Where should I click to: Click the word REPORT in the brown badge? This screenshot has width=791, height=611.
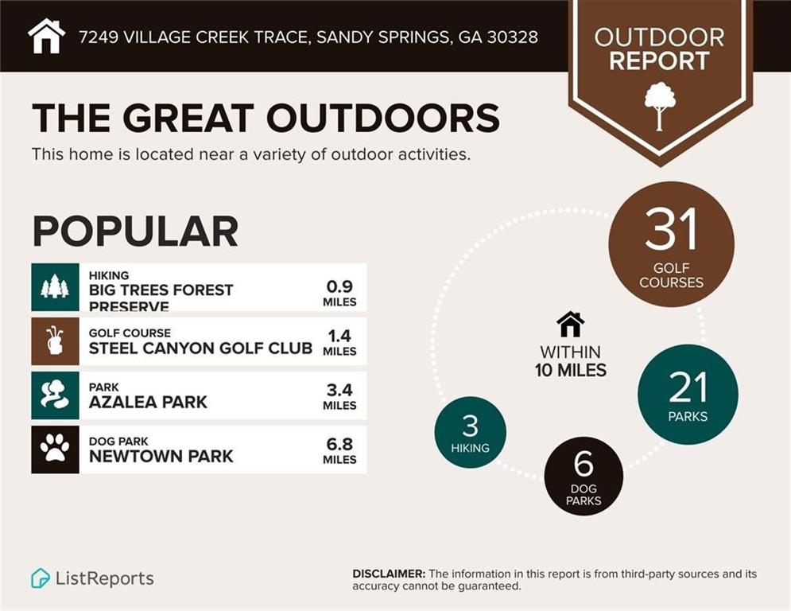[659, 60]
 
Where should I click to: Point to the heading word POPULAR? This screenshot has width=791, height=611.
[135, 231]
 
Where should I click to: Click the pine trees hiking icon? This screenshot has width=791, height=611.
[55, 287]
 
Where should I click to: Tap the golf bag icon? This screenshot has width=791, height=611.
[55, 341]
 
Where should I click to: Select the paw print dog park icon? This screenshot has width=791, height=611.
[55, 449]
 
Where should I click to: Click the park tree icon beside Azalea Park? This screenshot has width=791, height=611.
[55, 395]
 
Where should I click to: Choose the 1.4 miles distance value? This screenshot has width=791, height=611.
[339, 341]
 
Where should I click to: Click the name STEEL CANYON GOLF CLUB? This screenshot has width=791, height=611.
[200, 348]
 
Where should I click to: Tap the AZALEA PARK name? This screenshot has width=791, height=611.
[148, 402]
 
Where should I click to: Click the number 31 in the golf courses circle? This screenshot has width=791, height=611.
[671, 230]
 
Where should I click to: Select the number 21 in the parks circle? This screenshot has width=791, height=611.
[688, 387]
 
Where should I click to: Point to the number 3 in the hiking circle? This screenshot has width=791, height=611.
[470, 426]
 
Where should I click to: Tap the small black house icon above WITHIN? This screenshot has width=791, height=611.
[570, 325]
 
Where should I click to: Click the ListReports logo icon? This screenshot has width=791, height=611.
[41, 578]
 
